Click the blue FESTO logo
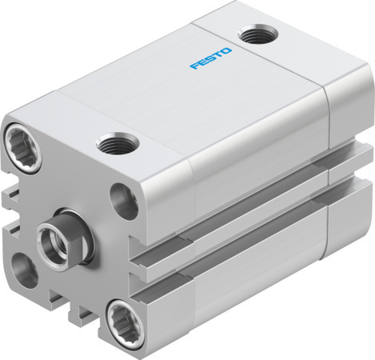click(209, 60)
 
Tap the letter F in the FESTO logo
click(192, 67)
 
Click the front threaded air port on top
click(118, 145)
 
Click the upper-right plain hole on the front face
click(122, 199)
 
